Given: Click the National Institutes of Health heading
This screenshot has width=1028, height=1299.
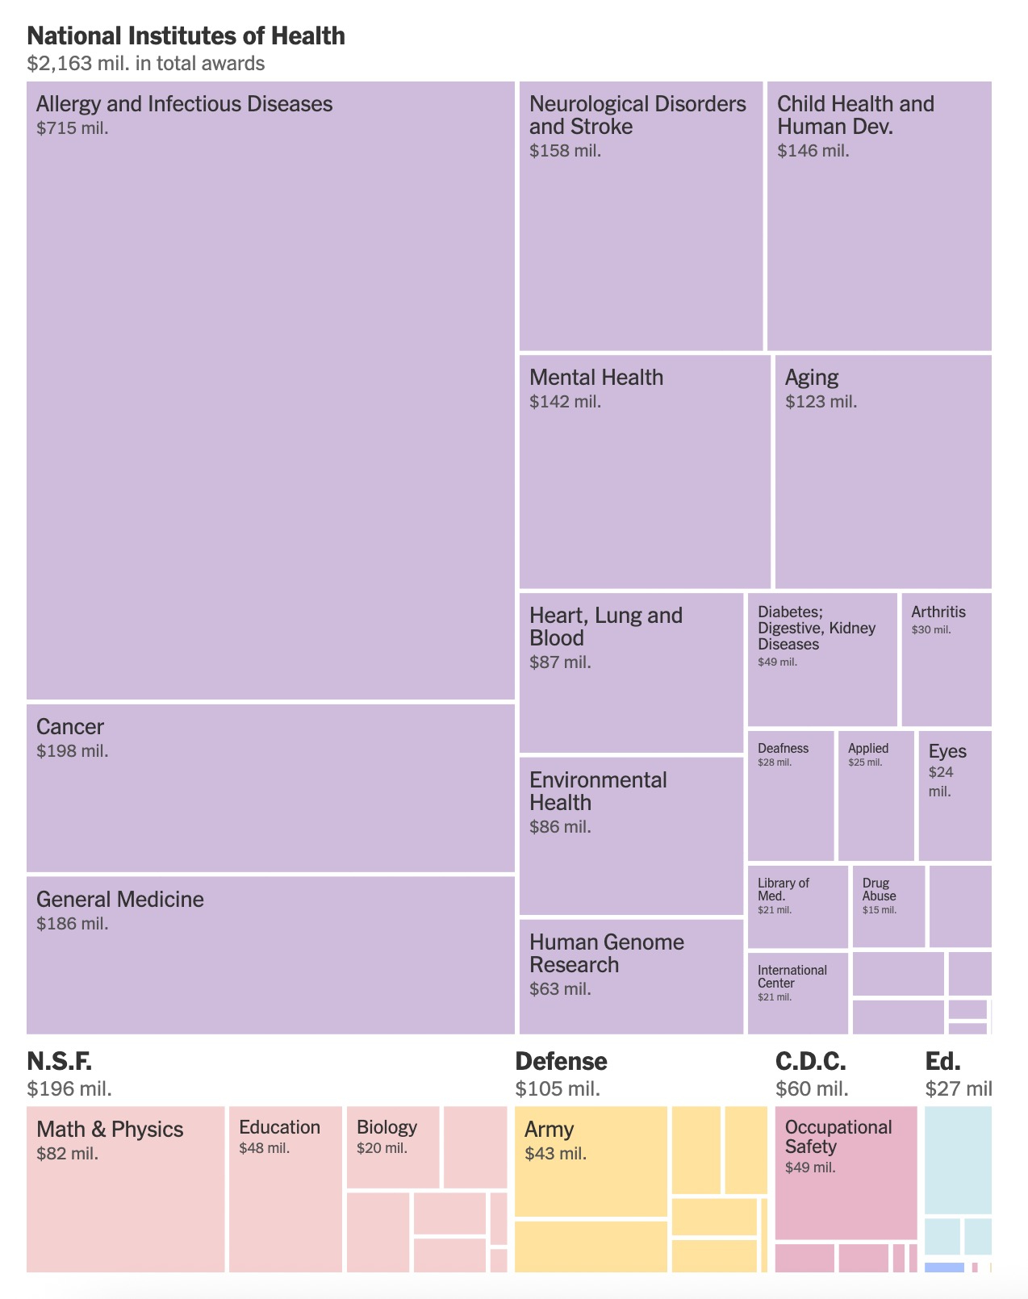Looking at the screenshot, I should pos(186,36).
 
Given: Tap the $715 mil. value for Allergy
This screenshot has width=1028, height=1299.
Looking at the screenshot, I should pos(72,128).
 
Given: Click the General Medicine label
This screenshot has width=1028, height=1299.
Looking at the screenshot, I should pos(120,900).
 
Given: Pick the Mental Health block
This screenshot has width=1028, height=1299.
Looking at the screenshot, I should pos(644,472).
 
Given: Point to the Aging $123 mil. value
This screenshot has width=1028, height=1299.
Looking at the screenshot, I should pos(821,402).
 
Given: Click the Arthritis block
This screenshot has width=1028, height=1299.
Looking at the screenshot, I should pos(946,660).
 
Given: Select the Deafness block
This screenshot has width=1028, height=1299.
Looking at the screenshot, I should pos(790,796).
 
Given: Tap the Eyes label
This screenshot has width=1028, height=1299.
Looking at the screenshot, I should pos(947,751).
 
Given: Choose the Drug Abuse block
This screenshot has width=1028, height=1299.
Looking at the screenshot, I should pos(888,906).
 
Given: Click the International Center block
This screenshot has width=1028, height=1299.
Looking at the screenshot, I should pos(797,993).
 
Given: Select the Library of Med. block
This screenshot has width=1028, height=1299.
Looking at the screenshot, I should pos(797,906).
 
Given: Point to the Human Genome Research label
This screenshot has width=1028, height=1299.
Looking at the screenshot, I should pos(606,954).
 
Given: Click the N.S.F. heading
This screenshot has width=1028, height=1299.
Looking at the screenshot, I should pos(59,1061).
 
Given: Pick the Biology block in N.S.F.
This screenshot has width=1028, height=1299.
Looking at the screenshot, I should pos(393,1147).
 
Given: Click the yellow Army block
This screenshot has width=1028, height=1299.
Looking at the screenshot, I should pos(591,1161).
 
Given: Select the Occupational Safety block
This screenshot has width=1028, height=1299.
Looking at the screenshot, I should pos(846,1172).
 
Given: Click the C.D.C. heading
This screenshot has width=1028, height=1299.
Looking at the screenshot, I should pos(810,1061).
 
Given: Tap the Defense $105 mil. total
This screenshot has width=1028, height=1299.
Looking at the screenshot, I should pos(558,1089).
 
